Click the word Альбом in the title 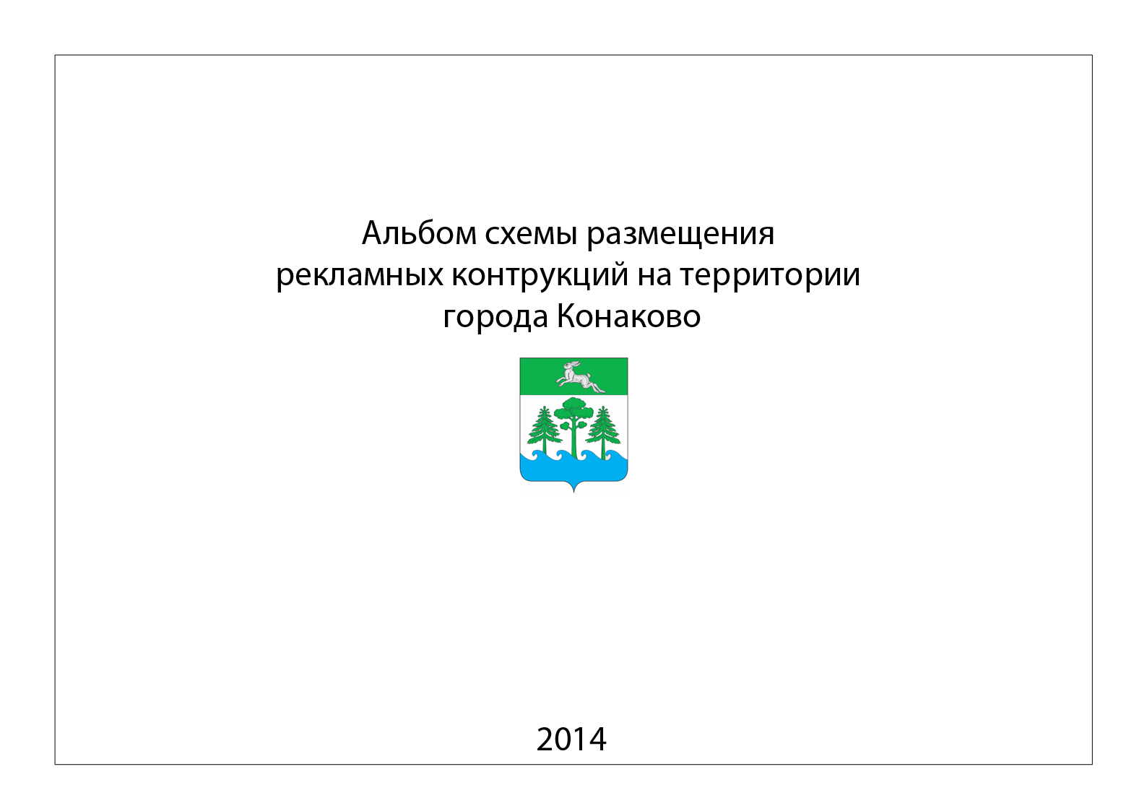tap(420, 233)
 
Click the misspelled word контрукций tap(540, 276)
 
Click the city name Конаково tap(629, 316)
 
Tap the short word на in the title tap(654, 277)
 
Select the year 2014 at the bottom tap(571, 740)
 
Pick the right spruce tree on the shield tap(602, 431)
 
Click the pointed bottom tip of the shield tap(573, 493)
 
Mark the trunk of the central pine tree tap(574, 438)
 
